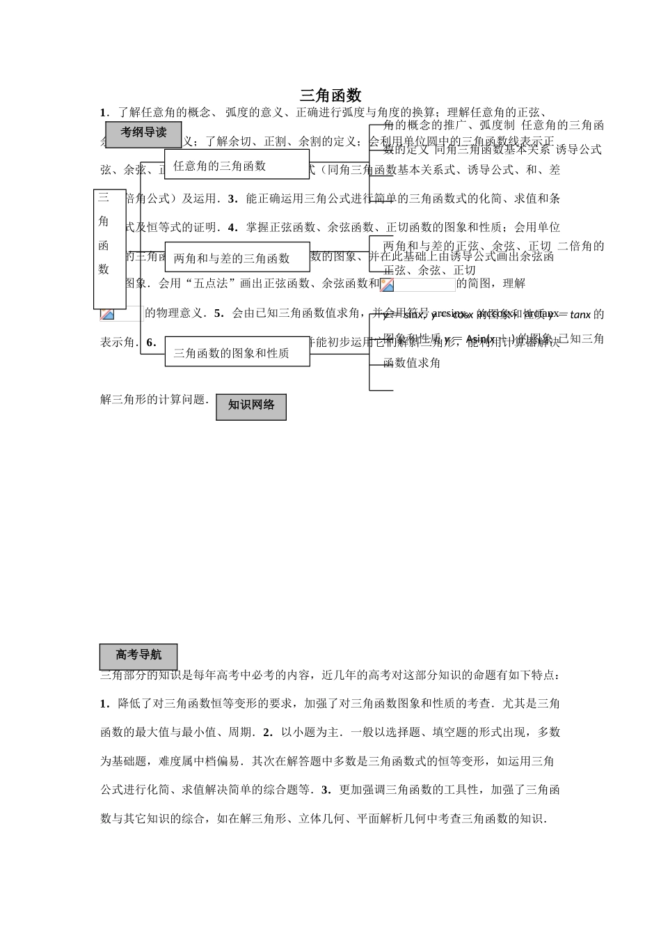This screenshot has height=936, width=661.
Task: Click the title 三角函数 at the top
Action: coord(330,95)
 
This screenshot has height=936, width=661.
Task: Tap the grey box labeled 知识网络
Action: coord(251,406)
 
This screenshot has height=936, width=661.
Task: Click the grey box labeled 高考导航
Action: coord(138,656)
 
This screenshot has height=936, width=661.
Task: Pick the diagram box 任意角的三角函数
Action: coord(237,164)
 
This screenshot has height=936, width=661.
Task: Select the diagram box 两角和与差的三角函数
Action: coord(237,257)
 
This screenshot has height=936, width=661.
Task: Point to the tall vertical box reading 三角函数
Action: coord(109,249)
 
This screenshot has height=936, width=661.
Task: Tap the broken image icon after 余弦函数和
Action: coord(388,285)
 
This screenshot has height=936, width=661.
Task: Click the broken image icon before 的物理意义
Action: coord(107,314)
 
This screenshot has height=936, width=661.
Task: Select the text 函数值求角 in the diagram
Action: coord(412,363)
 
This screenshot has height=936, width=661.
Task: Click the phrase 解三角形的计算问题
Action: coord(154,400)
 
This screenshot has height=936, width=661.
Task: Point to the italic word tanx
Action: coord(580,315)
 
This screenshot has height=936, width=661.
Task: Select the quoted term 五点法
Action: coord(211,284)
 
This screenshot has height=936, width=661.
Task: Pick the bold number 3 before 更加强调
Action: coord(324,790)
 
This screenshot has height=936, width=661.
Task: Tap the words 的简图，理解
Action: coord(491,284)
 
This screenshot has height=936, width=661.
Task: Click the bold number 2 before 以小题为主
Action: coord(265,733)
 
